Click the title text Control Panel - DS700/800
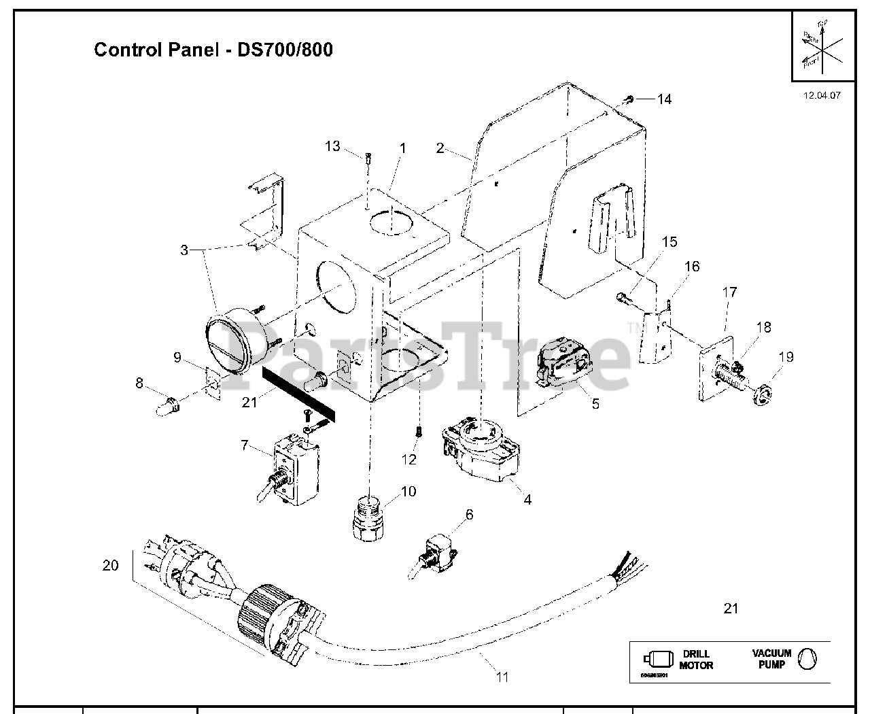coord(213,50)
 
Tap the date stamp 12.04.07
coord(822,95)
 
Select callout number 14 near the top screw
coord(663,99)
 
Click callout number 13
coord(332,146)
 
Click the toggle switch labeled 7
coord(288,472)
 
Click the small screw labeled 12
coord(419,432)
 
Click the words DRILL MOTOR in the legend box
coord(696,660)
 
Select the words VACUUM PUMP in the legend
coord(771,658)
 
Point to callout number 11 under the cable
coord(502,677)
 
